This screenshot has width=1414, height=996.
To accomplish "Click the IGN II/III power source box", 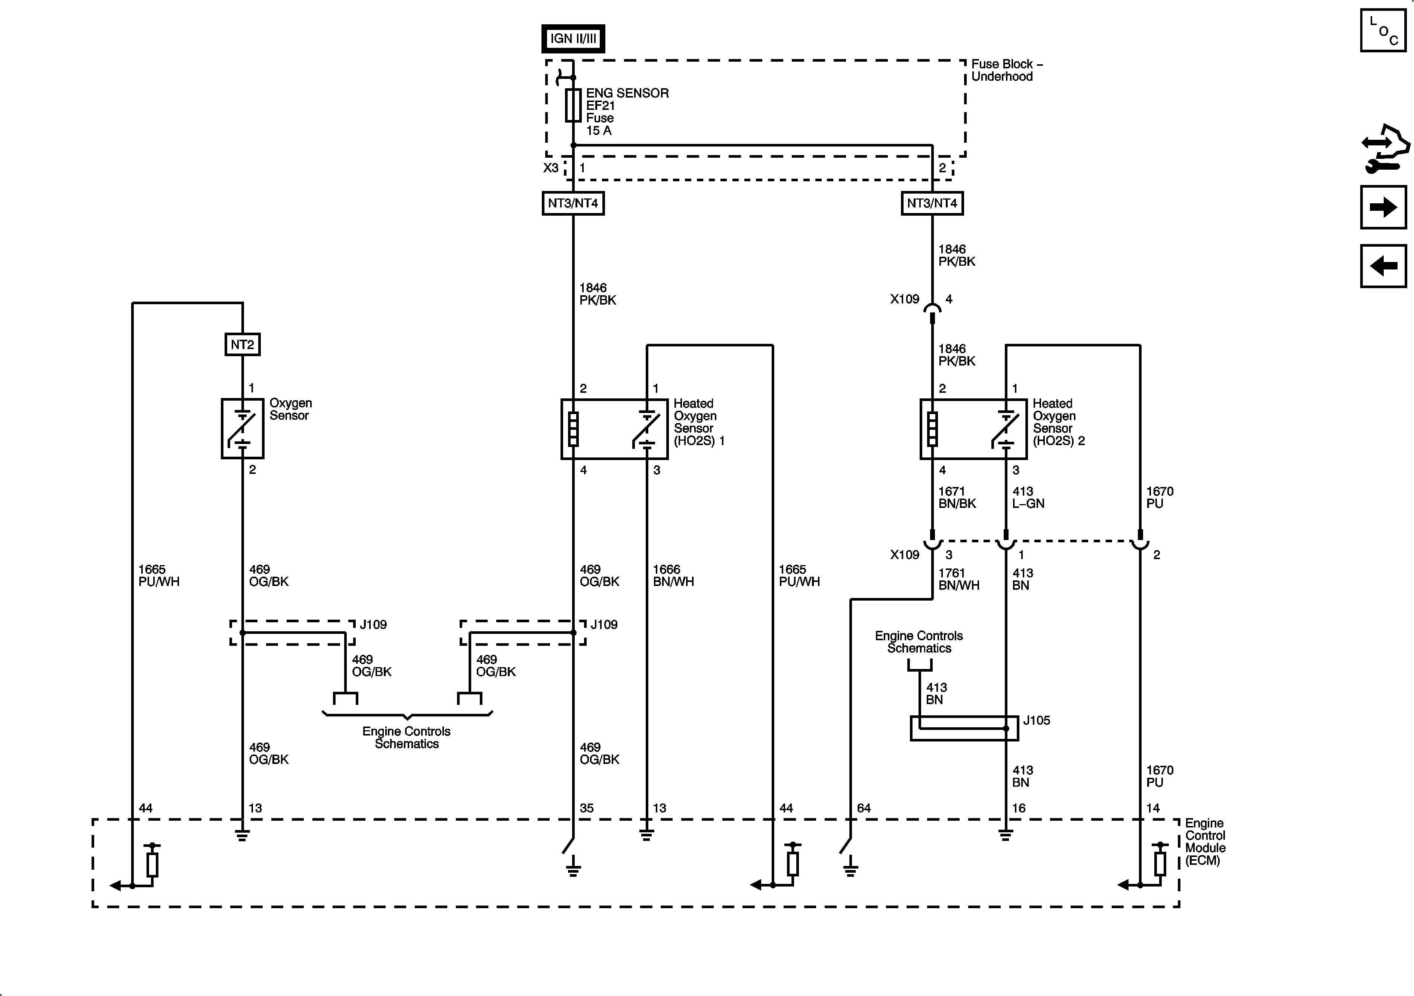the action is [573, 38].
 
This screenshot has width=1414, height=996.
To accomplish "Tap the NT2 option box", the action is [242, 344].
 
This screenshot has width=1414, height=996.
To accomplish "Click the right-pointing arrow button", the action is [1383, 207].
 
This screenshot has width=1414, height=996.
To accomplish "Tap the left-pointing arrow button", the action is [1383, 266].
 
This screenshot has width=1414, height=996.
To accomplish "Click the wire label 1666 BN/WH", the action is [673, 575].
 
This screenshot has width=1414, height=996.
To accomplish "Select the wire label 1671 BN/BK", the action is [957, 497].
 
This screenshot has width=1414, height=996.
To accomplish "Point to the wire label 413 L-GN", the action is [1028, 497].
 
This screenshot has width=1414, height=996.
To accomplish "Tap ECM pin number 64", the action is [864, 808].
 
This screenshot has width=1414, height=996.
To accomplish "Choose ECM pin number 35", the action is [586, 808].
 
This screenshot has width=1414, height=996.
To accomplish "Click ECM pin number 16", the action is [1019, 808].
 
